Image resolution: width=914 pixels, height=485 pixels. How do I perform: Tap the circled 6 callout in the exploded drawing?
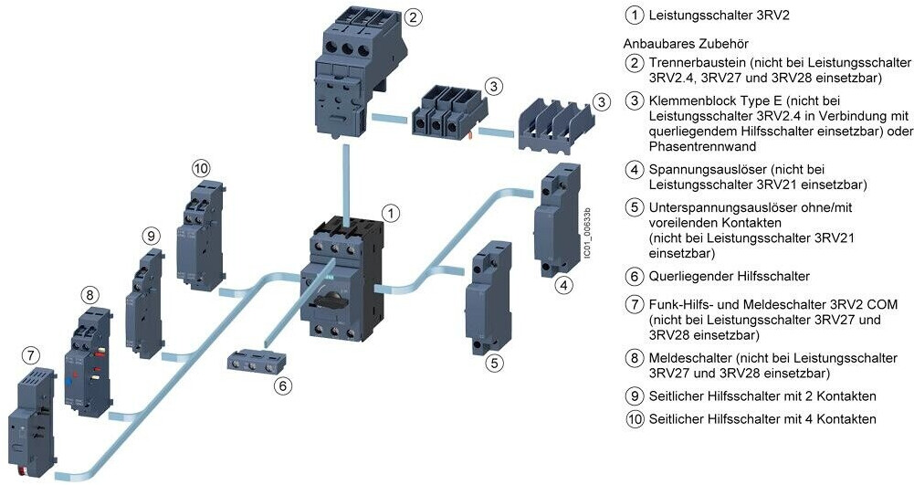click(284, 385)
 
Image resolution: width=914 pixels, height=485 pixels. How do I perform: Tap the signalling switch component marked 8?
click(86, 360)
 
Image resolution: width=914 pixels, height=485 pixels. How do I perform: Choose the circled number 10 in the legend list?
click(635, 418)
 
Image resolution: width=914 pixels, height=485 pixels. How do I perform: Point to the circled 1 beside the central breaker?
click(390, 213)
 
